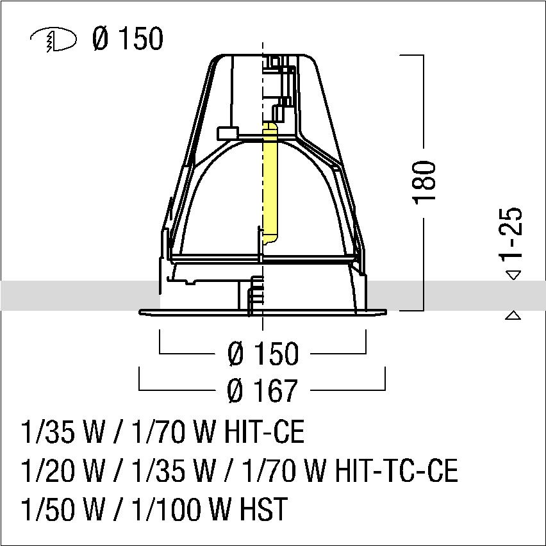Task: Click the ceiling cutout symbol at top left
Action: [53, 40]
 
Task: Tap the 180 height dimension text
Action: [424, 183]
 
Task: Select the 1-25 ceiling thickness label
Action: [511, 233]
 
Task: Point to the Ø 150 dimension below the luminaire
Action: [263, 353]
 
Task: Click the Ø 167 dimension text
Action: [263, 390]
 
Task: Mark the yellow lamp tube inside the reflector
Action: [270, 183]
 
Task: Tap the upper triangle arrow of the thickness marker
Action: [513, 275]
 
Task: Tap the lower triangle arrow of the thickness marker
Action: [513, 315]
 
